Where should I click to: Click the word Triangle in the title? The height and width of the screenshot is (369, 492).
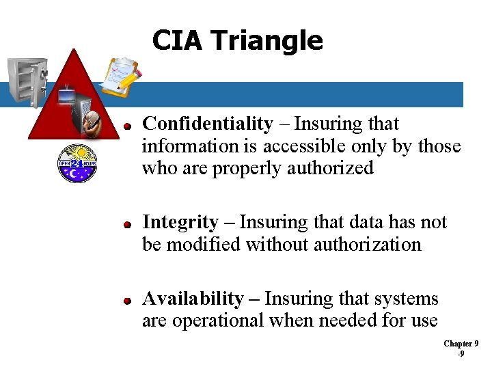coord(267,40)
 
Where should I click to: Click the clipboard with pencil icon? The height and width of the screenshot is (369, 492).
coord(120,77)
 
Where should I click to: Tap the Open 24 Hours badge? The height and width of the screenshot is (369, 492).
coord(77,163)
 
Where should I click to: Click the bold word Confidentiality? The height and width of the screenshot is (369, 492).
coord(207,124)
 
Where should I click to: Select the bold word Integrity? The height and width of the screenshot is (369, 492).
coord(180,223)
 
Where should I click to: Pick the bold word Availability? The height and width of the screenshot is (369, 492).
coord(192,299)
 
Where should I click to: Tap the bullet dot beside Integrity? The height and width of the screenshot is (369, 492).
coord(127,224)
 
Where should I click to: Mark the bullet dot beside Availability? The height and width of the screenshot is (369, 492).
coord(127,301)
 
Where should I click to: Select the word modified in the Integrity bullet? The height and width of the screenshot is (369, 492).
coord(208,245)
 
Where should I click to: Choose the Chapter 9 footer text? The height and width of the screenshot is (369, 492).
coord(461,344)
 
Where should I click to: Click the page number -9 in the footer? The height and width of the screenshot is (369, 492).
coord(461,355)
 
